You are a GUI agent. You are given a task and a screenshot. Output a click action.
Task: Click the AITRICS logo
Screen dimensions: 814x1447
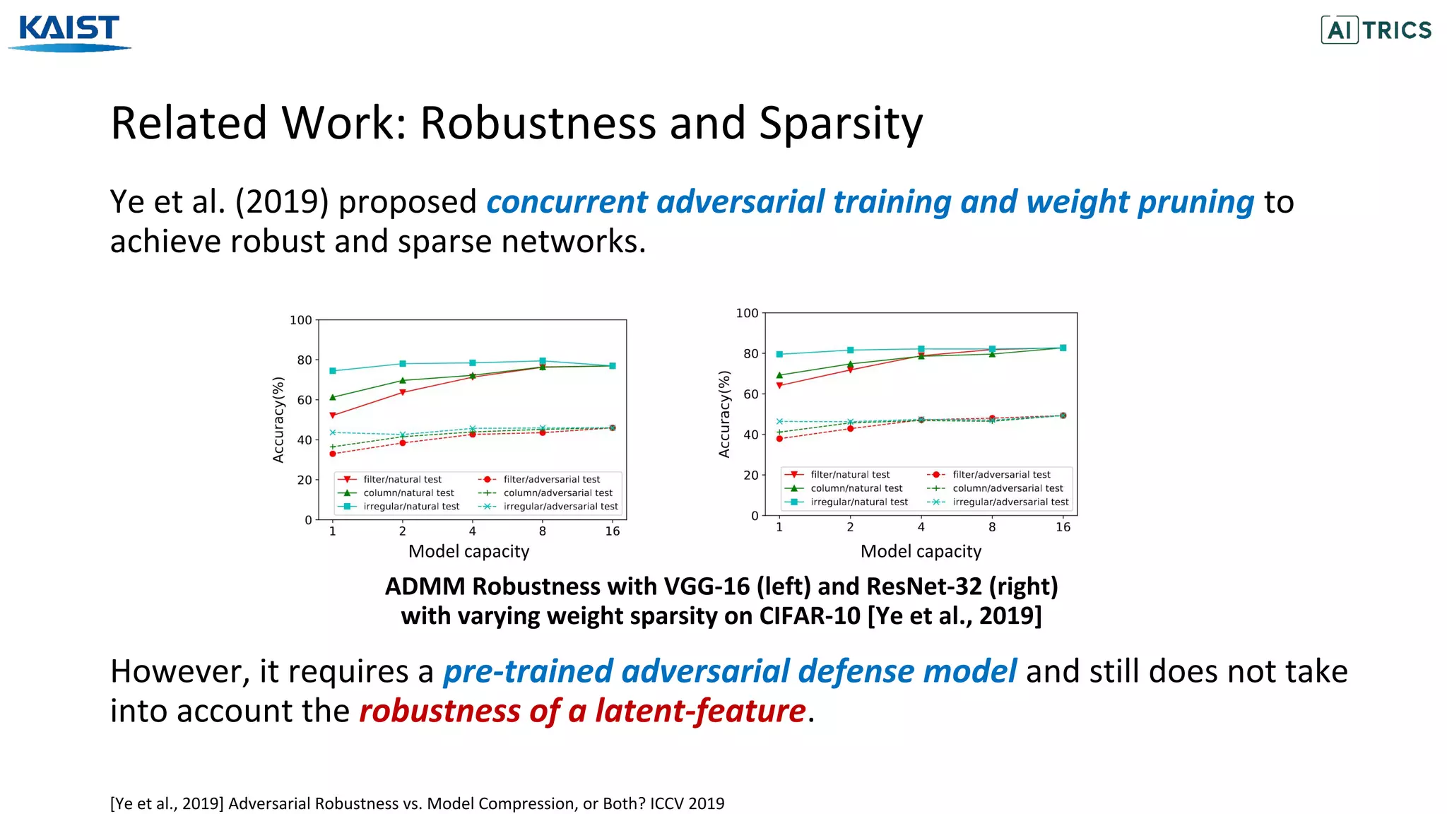[1376, 30]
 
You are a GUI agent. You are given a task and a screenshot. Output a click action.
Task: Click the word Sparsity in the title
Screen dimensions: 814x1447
[840, 124]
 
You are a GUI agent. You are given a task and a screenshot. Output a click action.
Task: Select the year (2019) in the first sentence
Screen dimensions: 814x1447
[282, 202]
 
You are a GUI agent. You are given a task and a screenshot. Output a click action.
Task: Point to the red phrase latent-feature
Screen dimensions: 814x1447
[699, 711]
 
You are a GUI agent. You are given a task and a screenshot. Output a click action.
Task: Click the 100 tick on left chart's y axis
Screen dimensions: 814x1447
[301, 320]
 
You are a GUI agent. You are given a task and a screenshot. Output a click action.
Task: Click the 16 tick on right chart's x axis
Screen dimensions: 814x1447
[1063, 527]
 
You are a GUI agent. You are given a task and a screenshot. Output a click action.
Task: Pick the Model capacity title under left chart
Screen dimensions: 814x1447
[468, 551]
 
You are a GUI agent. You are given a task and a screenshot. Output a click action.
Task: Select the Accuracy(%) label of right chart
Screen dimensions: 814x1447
[724, 414]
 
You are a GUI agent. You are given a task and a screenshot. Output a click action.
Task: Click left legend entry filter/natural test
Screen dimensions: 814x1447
[402, 479]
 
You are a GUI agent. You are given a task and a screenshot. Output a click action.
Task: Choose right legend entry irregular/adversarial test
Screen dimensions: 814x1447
[1010, 502]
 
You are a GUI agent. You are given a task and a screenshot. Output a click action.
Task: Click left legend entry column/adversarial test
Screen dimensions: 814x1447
[557, 492]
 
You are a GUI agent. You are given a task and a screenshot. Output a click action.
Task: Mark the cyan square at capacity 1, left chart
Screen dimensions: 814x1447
[333, 371]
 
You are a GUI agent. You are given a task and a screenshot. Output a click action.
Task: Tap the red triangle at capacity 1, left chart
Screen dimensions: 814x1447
[333, 415]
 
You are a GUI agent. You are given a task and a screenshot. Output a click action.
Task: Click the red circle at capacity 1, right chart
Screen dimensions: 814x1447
[779, 439]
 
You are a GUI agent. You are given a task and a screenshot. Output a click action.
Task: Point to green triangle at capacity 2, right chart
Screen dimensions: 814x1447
[850, 365]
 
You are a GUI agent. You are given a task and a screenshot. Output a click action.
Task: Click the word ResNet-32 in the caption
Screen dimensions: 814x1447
[923, 586]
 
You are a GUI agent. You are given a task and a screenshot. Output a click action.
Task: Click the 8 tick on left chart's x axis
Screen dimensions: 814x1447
[542, 531]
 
